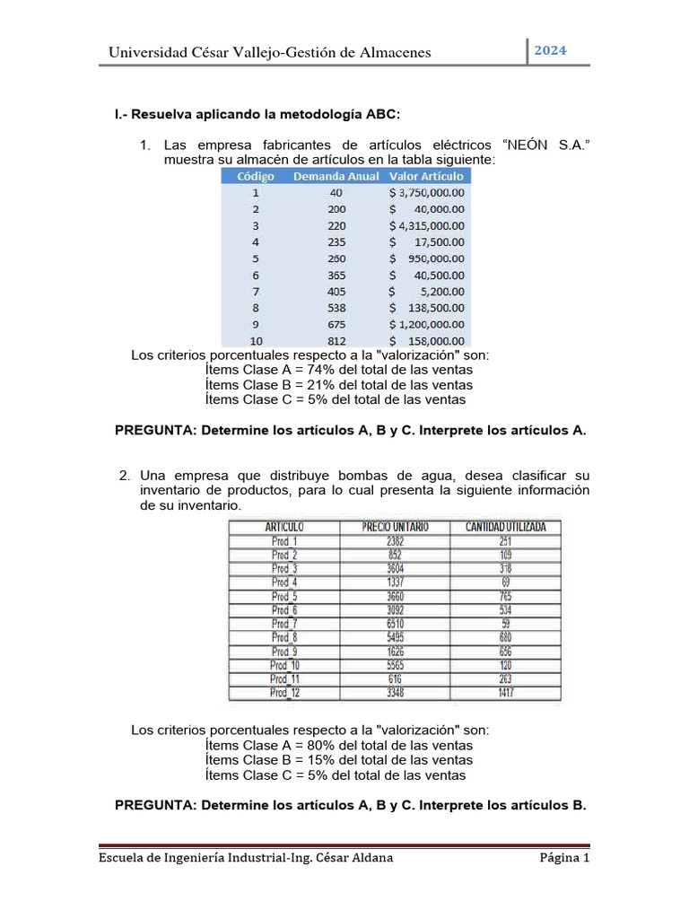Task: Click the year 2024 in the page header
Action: coord(551,50)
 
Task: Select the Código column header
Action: coord(256,176)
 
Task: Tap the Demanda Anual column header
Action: coord(336,176)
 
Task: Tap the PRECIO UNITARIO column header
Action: coord(396,527)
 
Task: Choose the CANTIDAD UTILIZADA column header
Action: coord(506,527)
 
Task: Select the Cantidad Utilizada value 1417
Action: coord(506,692)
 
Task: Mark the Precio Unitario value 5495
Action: coord(396,637)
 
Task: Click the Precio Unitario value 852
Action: coord(396,555)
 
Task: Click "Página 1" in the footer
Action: coord(563,858)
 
